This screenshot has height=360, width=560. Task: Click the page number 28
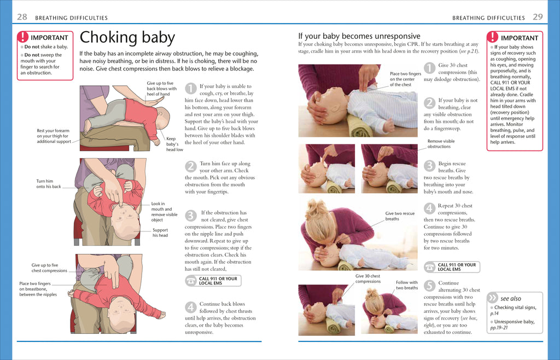[22, 17]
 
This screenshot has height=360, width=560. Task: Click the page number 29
[538, 17]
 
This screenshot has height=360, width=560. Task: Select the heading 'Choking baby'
[127, 38]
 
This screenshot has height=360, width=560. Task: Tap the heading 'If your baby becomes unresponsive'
[359, 36]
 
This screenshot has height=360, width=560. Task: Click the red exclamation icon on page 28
[23, 37]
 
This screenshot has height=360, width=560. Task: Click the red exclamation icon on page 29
[493, 37]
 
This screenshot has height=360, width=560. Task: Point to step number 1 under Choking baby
[190, 88]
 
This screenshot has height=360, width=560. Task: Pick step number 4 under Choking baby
[190, 306]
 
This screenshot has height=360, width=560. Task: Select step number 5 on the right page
[429, 285]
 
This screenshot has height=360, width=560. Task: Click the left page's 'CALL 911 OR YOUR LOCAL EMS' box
[213, 281]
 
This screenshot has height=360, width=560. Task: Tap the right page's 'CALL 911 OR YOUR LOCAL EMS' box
[452, 267]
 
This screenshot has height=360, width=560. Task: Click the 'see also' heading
[510, 298]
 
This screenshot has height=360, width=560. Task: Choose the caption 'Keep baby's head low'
[174, 144]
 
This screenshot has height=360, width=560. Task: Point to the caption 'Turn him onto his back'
[49, 184]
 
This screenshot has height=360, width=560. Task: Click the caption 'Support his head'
[160, 233]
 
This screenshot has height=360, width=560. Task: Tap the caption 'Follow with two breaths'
[407, 285]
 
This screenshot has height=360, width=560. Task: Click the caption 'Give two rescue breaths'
[400, 216]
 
